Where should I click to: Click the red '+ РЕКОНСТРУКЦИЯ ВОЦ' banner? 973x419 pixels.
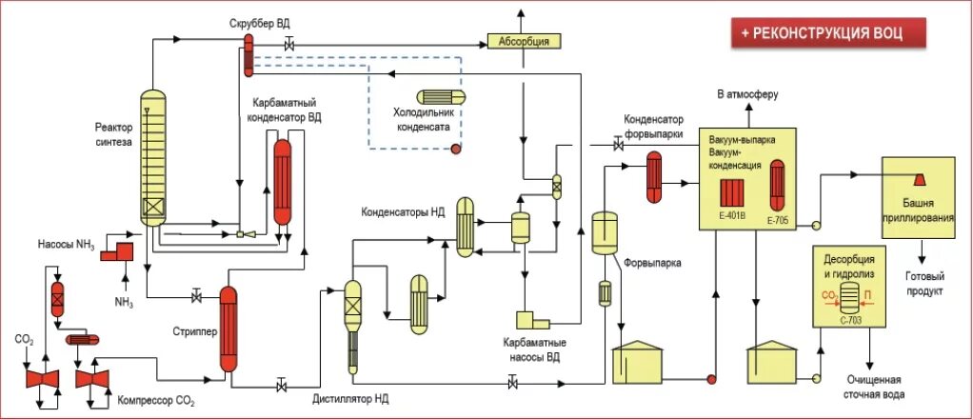[828, 33]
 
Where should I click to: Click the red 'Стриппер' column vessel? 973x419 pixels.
[229, 329]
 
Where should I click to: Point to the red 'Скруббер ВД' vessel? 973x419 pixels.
[248, 55]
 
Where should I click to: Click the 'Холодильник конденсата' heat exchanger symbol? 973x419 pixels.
[441, 97]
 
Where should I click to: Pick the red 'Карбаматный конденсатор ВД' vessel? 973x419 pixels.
[283, 181]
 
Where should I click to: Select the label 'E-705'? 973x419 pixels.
[778, 219]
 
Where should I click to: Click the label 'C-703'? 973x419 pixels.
[847, 320]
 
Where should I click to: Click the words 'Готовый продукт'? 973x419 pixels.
[924, 284]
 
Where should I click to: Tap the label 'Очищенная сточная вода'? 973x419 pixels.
[874, 387]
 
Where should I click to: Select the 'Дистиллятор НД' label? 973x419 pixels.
[350, 398]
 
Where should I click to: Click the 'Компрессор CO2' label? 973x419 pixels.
[156, 401]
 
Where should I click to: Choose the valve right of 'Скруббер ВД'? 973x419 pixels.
[288, 45]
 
